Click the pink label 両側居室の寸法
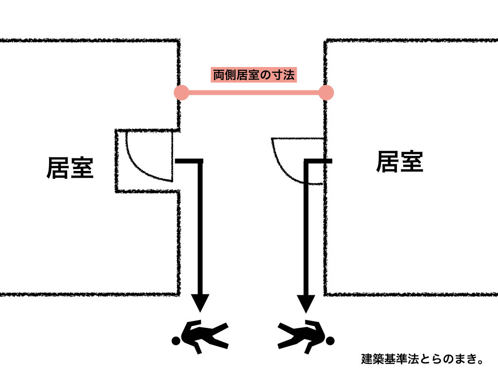pos(253,75)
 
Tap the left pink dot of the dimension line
pos(181,92)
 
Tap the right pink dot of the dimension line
pos(326,92)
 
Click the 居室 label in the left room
pos(70,168)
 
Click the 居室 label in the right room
pos(399,162)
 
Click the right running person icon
pos(306,335)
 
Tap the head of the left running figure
pos(176,341)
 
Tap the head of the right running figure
pos(330,341)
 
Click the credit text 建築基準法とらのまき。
pos(422,360)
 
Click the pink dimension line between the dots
pos(253,92)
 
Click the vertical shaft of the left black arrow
pos(200,228)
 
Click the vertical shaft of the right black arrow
pos(306,228)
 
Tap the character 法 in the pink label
pos(290,75)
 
